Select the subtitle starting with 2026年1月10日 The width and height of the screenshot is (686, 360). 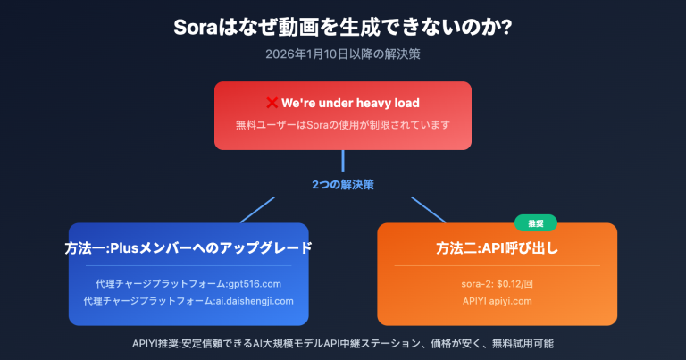point(343,54)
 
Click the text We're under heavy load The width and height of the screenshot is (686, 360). point(350,104)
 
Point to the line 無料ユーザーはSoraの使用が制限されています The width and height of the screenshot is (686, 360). point(343,125)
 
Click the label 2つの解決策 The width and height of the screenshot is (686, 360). point(343,185)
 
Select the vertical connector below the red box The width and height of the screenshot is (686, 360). point(343,161)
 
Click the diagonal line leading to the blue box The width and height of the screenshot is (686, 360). point(256,210)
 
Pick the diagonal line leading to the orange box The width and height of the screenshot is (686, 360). point(428,210)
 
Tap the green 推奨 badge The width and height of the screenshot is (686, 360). point(536,222)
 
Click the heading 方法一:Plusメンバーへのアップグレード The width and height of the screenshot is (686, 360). point(188,247)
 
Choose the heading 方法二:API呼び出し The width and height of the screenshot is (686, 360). point(498,247)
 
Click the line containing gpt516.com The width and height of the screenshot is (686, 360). point(188,283)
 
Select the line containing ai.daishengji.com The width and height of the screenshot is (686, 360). point(188,301)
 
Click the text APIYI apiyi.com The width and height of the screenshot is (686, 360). point(498,301)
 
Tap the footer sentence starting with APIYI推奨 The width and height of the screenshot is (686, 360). point(343,343)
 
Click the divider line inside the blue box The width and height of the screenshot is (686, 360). point(188,266)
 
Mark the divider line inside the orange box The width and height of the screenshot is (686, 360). point(498,266)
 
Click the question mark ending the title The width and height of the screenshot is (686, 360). point(506,26)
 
